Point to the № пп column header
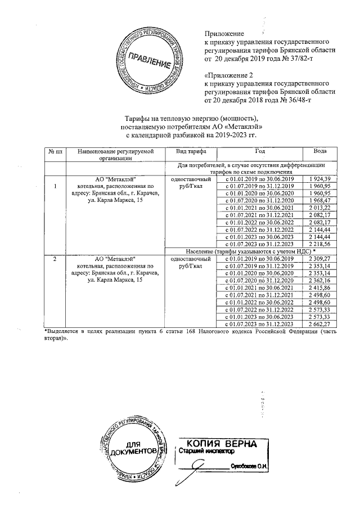pyautogui.click(x=55, y=152)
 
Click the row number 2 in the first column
pyautogui.click(x=55, y=259)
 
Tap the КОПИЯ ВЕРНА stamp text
pyautogui.click(x=222, y=443)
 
